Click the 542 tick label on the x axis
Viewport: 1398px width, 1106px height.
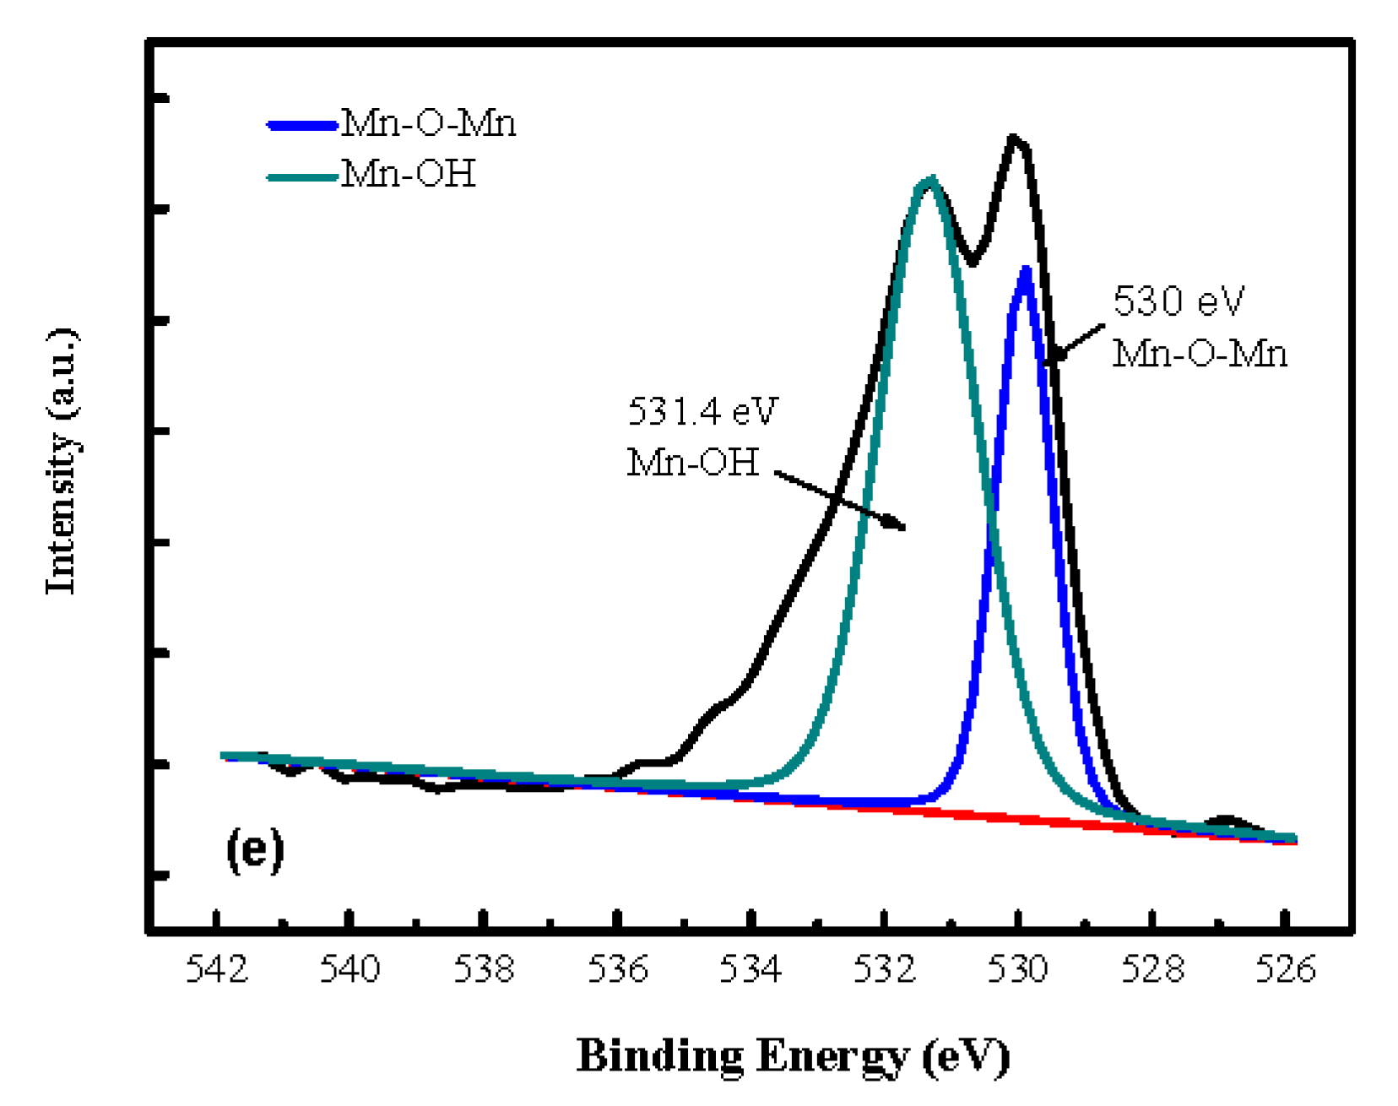point(217,969)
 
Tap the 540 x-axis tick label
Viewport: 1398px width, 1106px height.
point(349,969)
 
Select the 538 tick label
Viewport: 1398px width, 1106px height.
point(484,969)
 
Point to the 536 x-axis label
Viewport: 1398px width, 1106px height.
point(618,969)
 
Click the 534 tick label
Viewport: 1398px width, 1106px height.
point(750,969)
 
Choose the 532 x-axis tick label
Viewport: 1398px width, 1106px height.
point(884,969)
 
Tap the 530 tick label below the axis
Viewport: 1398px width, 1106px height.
point(1018,969)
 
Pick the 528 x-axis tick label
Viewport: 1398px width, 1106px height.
point(1152,969)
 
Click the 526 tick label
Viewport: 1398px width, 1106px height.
point(1285,969)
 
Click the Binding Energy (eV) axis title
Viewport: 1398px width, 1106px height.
point(793,1056)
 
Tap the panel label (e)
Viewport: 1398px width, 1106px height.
point(254,849)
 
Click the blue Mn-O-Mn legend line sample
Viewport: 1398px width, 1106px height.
point(302,126)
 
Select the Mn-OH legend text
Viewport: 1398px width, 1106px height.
point(409,174)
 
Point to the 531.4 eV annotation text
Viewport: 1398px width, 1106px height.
point(702,412)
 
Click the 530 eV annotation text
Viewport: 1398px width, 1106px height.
point(1179,301)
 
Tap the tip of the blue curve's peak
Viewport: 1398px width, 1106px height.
point(1026,270)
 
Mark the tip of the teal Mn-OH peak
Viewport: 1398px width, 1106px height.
point(930,180)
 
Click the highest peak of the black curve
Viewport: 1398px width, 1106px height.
point(1014,138)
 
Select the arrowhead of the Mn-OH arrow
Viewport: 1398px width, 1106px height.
point(900,526)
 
